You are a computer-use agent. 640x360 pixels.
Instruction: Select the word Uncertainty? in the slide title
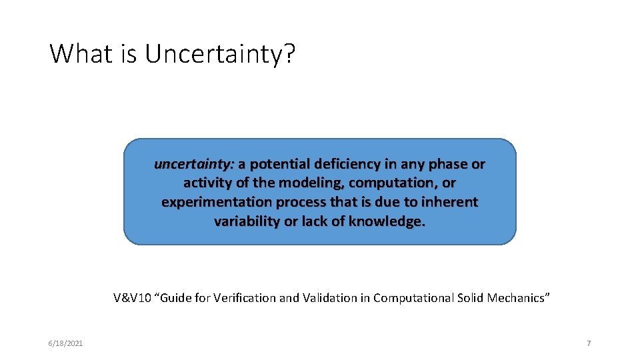219,54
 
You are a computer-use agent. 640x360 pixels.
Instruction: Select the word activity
206,183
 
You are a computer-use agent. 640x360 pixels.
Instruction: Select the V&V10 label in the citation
132,298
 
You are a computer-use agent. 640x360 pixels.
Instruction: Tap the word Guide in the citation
175,298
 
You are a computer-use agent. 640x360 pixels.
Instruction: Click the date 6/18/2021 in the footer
65,343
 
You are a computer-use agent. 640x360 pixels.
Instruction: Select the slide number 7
589,343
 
